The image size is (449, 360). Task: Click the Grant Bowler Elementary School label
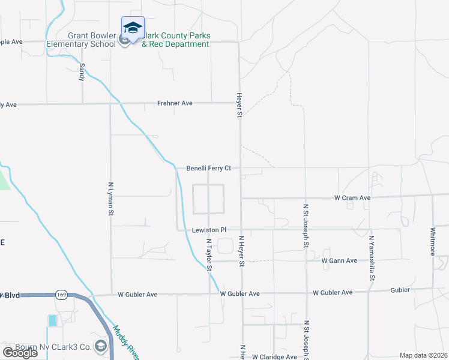pyautogui.click(x=91, y=40)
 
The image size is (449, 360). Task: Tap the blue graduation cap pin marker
pyautogui.click(x=133, y=28)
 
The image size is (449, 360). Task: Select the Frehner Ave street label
pyautogui.click(x=175, y=103)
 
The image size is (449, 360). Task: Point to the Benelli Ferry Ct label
pyautogui.click(x=208, y=169)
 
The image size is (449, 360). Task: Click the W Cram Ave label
pyautogui.click(x=352, y=197)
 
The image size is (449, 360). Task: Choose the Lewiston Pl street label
pyautogui.click(x=209, y=230)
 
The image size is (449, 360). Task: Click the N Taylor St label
pyautogui.click(x=209, y=255)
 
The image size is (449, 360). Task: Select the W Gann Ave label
pyautogui.click(x=339, y=260)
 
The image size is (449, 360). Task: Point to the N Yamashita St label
pyautogui.click(x=372, y=259)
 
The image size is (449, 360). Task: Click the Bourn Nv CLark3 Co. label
pyautogui.click(x=59, y=347)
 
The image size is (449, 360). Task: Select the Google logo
pyautogui.click(x=20, y=353)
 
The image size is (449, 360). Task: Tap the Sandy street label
pyautogui.click(x=82, y=71)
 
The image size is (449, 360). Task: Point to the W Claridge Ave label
pyautogui.click(x=274, y=357)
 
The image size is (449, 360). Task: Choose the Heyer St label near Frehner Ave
pyautogui.click(x=239, y=104)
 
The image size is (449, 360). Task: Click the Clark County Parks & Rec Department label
pyautogui.click(x=175, y=40)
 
